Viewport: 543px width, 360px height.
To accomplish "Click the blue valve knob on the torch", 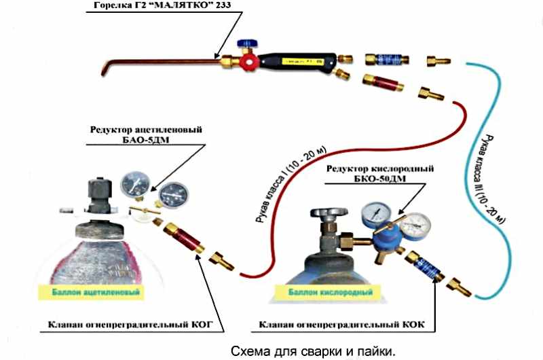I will tap(243, 46).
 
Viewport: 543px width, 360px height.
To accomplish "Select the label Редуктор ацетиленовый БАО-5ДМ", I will tap(146, 134).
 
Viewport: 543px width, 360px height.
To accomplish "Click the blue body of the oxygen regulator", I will tap(383, 234).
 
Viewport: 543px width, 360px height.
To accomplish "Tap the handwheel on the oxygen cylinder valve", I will tap(327, 214).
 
